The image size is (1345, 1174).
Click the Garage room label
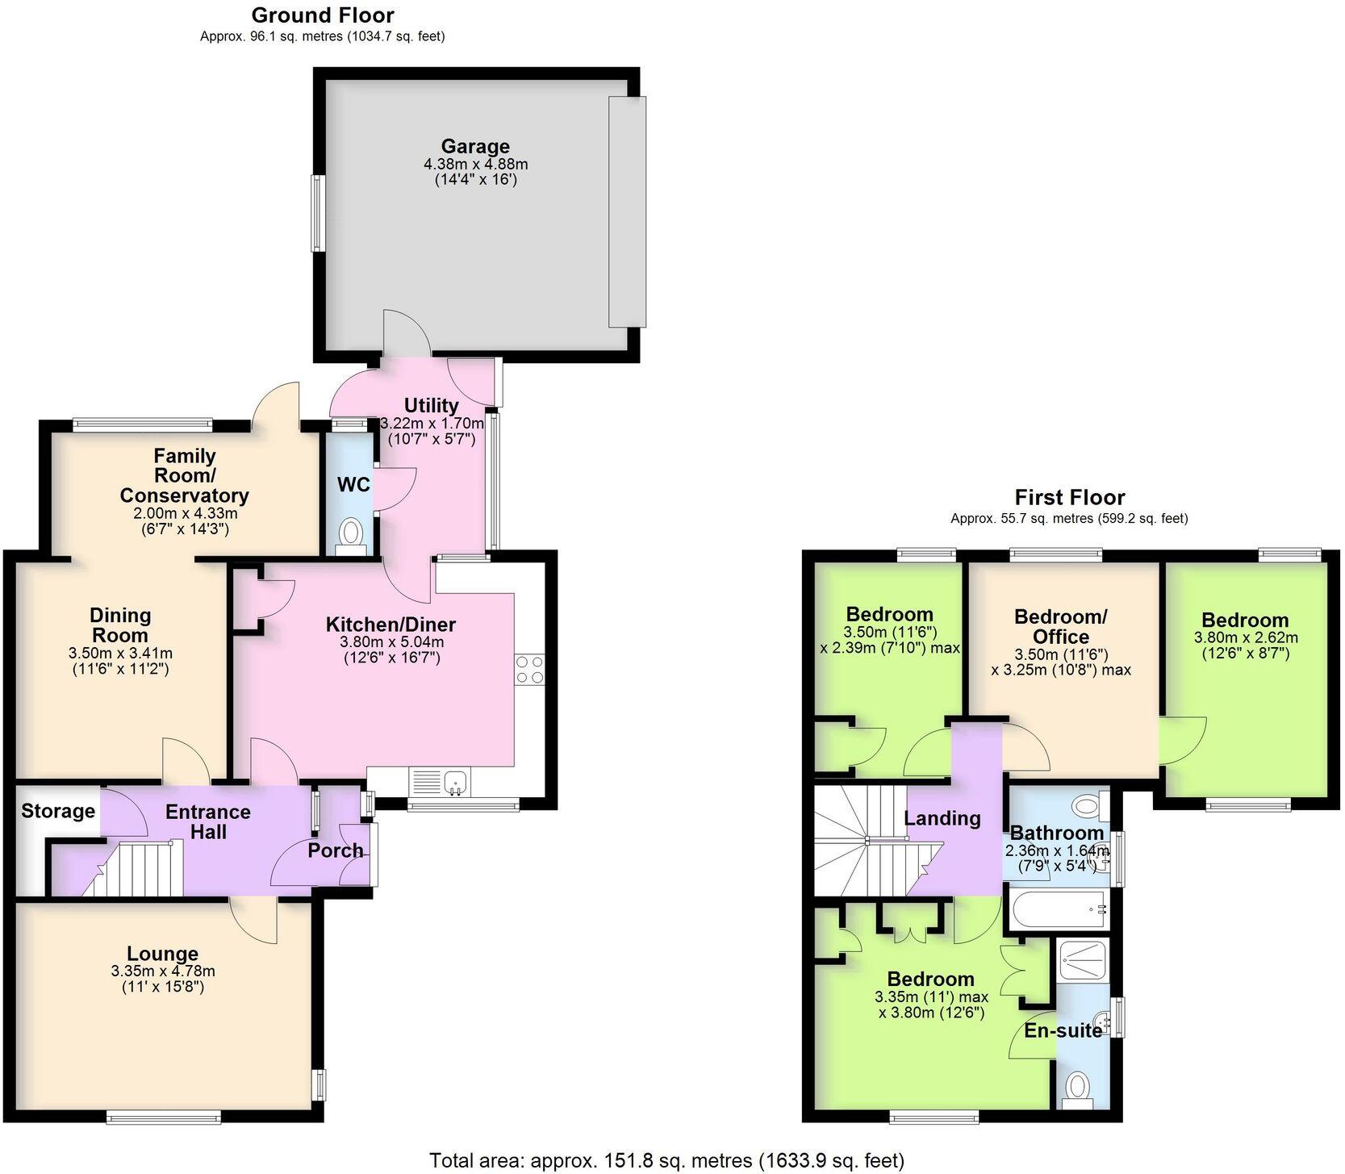pos(475,147)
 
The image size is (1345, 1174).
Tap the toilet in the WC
pos(351,533)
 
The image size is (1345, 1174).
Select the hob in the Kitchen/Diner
pos(529,669)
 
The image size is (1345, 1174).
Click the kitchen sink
pos(455,781)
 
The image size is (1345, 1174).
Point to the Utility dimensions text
pos(432,431)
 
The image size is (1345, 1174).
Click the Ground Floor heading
pos(323,15)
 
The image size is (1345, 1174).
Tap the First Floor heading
pos(1069,497)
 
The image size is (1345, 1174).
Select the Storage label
pos(58,811)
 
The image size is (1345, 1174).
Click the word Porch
pos(335,850)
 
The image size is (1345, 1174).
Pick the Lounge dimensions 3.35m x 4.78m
pos(163,971)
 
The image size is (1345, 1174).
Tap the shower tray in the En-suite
pos(1083,959)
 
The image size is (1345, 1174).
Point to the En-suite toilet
pos(1077,1087)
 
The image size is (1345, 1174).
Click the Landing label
pos(942,818)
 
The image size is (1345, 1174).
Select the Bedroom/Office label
pos(1060,626)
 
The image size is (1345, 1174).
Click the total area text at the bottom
pos(666,1160)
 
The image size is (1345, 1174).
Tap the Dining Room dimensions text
pos(120,661)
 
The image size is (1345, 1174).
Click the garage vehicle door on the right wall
pos(627,211)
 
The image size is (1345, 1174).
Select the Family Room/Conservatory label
pos(184,476)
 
